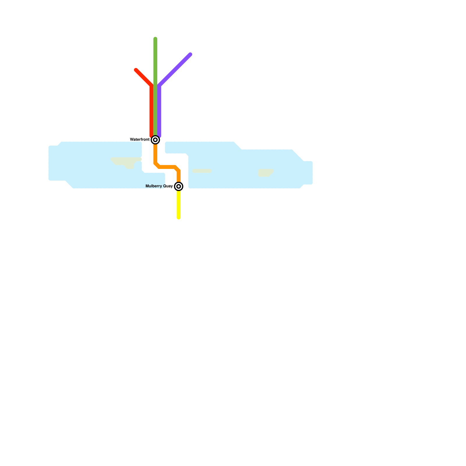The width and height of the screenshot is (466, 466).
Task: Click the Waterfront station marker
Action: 156,140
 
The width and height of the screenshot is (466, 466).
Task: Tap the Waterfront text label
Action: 140,140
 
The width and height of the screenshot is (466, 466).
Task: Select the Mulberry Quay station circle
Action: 179,186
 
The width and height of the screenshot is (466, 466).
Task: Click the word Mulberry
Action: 154,186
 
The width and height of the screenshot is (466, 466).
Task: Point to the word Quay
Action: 168,186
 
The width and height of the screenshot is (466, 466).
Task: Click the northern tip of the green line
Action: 156,39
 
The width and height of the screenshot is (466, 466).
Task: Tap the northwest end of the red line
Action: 136,70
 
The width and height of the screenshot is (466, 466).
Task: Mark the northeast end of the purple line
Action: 190,54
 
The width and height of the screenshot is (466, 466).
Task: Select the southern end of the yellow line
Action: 179,217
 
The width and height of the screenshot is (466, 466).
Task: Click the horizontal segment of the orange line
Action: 167,167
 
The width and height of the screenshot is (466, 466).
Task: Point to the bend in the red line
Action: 151,86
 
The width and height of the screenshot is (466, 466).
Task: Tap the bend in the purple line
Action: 160,86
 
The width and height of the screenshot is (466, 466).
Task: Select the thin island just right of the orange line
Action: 202,171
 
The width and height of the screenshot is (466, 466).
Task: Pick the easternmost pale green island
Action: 265,173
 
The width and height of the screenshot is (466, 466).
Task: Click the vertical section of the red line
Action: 151,111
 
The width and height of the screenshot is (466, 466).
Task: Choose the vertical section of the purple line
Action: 160,111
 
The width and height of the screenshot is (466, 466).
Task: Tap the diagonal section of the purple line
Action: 175,70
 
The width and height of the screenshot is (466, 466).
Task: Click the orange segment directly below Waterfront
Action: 156,153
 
